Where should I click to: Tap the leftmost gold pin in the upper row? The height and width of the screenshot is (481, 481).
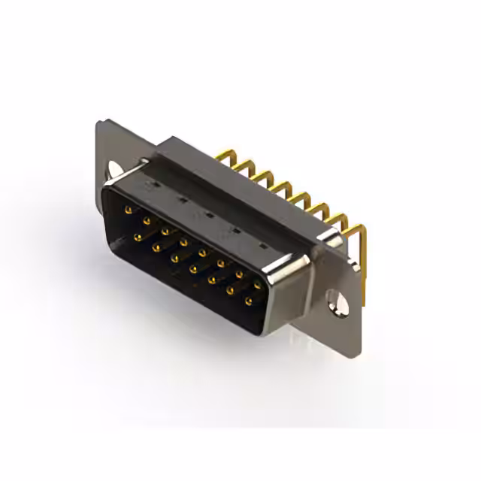[129, 208]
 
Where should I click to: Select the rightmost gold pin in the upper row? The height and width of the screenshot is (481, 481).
[258, 286]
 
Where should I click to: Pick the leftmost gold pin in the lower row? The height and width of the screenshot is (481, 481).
[138, 237]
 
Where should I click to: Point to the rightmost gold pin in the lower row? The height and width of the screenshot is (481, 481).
[248, 301]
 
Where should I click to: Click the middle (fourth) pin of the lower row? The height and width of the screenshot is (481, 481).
[193, 268]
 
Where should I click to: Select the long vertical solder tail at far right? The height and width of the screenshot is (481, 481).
[364, 263]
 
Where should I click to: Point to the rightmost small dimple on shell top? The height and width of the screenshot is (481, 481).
[262, 246]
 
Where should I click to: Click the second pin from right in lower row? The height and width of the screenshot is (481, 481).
[229, 290]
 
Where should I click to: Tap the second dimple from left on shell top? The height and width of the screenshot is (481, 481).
[180, 200]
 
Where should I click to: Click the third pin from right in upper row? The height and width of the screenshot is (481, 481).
[221, 263]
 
